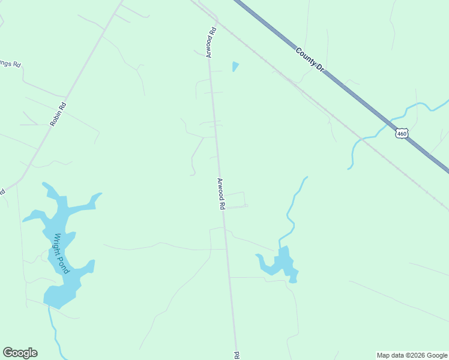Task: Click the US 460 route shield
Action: coord(402,133)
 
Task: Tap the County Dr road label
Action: coord(310,60)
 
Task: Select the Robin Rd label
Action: coord(58,113)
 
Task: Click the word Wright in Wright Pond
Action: coord(58,244)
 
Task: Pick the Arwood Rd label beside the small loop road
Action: coord(221,194)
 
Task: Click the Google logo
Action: coord(20,353)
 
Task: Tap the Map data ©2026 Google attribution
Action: coord(412,355)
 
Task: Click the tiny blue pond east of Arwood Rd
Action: coord(235,66)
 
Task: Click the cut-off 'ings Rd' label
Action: coord(11,63)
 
